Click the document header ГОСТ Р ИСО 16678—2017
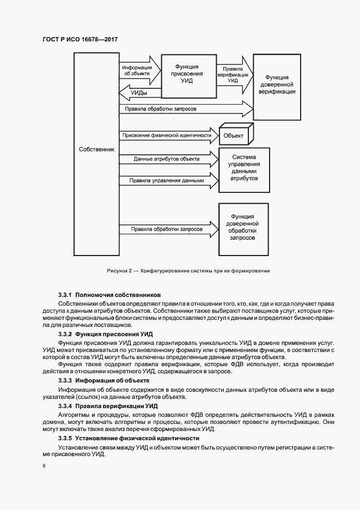(80, 40)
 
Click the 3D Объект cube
(234, 135)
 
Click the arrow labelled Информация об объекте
(141, 71)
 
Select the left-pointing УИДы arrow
(139, 94)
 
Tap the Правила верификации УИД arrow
(234, 75)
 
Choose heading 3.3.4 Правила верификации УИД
(108, 406)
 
